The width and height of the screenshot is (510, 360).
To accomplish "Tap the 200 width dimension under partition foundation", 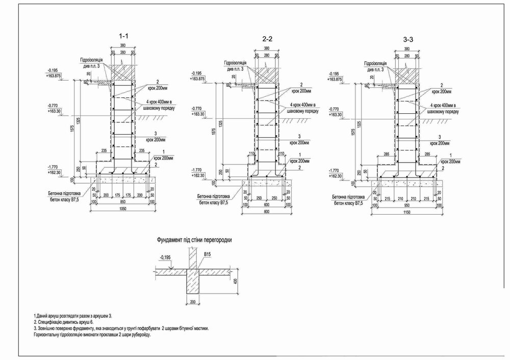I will tap(192, 302).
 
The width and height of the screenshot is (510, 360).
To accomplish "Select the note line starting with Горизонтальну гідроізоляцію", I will tap(92, 336).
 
